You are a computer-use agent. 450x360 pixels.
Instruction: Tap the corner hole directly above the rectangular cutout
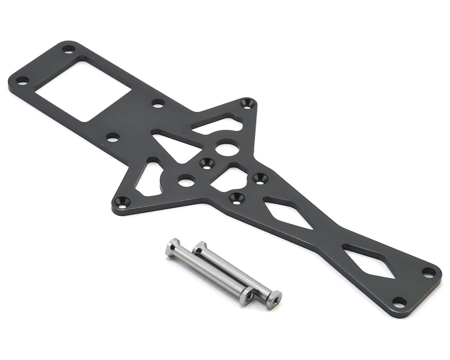pyautogui.click(x=68, y=49)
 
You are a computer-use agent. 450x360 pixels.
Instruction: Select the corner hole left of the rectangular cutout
pyautogui.click(x=22, y=80)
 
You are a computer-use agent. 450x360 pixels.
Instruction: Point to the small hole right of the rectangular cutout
pyautogui.click(x=158, y=103)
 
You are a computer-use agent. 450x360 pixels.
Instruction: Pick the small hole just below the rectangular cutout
pyautogui.click(x=112, y=137)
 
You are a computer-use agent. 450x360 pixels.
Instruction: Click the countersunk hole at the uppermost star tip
pyautogui.click(x=247, y=103)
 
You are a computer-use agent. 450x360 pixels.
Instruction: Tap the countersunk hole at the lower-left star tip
pyautogui.click(x=122, y=202)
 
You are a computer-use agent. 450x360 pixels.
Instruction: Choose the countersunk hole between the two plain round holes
pyautogui.click(x=207, y=163)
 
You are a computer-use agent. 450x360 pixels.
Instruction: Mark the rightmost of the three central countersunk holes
pyautogui.click(x=260, y=178)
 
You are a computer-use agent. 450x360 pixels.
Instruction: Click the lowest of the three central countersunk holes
pyautogui.click(x=237, y=198)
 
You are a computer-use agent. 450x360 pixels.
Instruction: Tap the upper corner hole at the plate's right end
pyautogui.click(x=429, y=272)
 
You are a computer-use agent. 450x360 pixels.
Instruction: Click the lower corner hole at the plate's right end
pyautogui.click(x=399, y=302)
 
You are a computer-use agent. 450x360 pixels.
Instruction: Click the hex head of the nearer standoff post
pyautogui.click(x=172, y=247)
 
